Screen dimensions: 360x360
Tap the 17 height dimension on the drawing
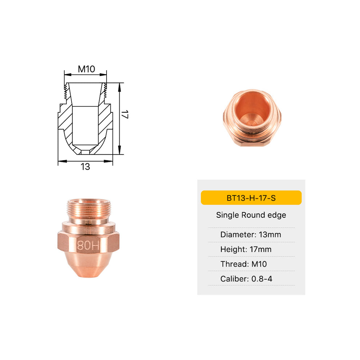[x=125, y=116]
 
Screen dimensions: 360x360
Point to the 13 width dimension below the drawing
[x=85, y=167]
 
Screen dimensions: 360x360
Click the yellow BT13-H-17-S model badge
[x=251, y=198]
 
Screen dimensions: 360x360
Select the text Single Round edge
[x=251, y=215]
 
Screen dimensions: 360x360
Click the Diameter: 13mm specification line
[x=251, y=235]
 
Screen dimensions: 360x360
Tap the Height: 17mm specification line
[x=246, y=249]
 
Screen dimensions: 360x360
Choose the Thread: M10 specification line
[x=243, y=264]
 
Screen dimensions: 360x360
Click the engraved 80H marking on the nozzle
[x=88, y=245]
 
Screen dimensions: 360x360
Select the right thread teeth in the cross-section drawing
[x=105, y=91]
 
